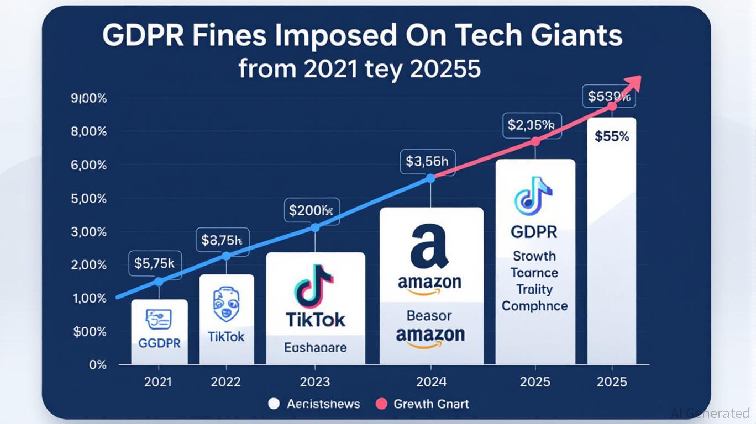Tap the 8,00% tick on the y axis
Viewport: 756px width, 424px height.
pos(89,132)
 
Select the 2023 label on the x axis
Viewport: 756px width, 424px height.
pos(314,381)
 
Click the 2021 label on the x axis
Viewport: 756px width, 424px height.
pos(158,381)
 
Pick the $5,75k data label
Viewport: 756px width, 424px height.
pos(155,263)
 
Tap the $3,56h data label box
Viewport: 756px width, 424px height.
pos(427,161)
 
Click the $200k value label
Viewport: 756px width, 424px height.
pos(311,210)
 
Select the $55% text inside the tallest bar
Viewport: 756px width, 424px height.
pos(612,136)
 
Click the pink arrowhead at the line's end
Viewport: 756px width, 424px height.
pos(633,82)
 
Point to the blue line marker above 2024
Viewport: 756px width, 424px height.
pos(431,178)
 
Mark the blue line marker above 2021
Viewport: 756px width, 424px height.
pos(159,282)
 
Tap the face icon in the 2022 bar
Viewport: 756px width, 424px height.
pos(225,303)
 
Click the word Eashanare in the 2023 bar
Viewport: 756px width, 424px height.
pos(316,348)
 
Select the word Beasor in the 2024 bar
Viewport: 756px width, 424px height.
pos(429,316)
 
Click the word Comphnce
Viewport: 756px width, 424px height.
pos(534,306)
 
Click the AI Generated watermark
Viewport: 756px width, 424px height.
pos(710,413)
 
